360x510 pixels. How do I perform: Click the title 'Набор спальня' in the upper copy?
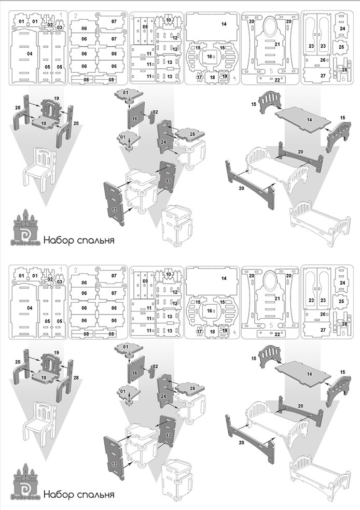click(78, 240)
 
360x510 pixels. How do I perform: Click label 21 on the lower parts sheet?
click(277, 298)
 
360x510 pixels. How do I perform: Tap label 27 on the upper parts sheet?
click(323, 76)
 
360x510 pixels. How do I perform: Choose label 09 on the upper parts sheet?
click(145, 26)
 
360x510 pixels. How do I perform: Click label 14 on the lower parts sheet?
click(224, 278)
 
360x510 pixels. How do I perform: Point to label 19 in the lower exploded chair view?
click(56, 352)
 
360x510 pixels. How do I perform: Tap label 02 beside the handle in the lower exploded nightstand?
click(155, 366)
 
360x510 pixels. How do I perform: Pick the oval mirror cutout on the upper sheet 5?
click(270, 26)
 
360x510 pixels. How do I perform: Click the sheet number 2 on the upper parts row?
click(76, 16)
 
